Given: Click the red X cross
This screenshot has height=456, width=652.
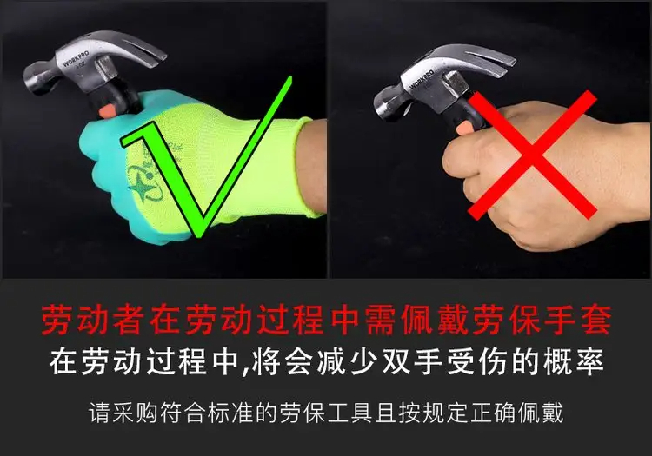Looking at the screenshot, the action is pos(533,154).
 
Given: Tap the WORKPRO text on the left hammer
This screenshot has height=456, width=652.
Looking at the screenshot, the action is pos(76,59).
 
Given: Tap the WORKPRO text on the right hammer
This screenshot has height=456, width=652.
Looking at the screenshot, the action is pos(422,79).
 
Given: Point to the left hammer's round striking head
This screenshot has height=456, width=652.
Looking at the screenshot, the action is pos(37,79).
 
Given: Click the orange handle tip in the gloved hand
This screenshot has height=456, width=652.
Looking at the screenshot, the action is pos(107,110).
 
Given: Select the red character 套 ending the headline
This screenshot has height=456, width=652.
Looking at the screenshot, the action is pos(596,321).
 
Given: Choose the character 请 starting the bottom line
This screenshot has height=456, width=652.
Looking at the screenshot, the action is pos(100,413).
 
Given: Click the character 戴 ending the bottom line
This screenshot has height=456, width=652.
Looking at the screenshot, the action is pos(552,413).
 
